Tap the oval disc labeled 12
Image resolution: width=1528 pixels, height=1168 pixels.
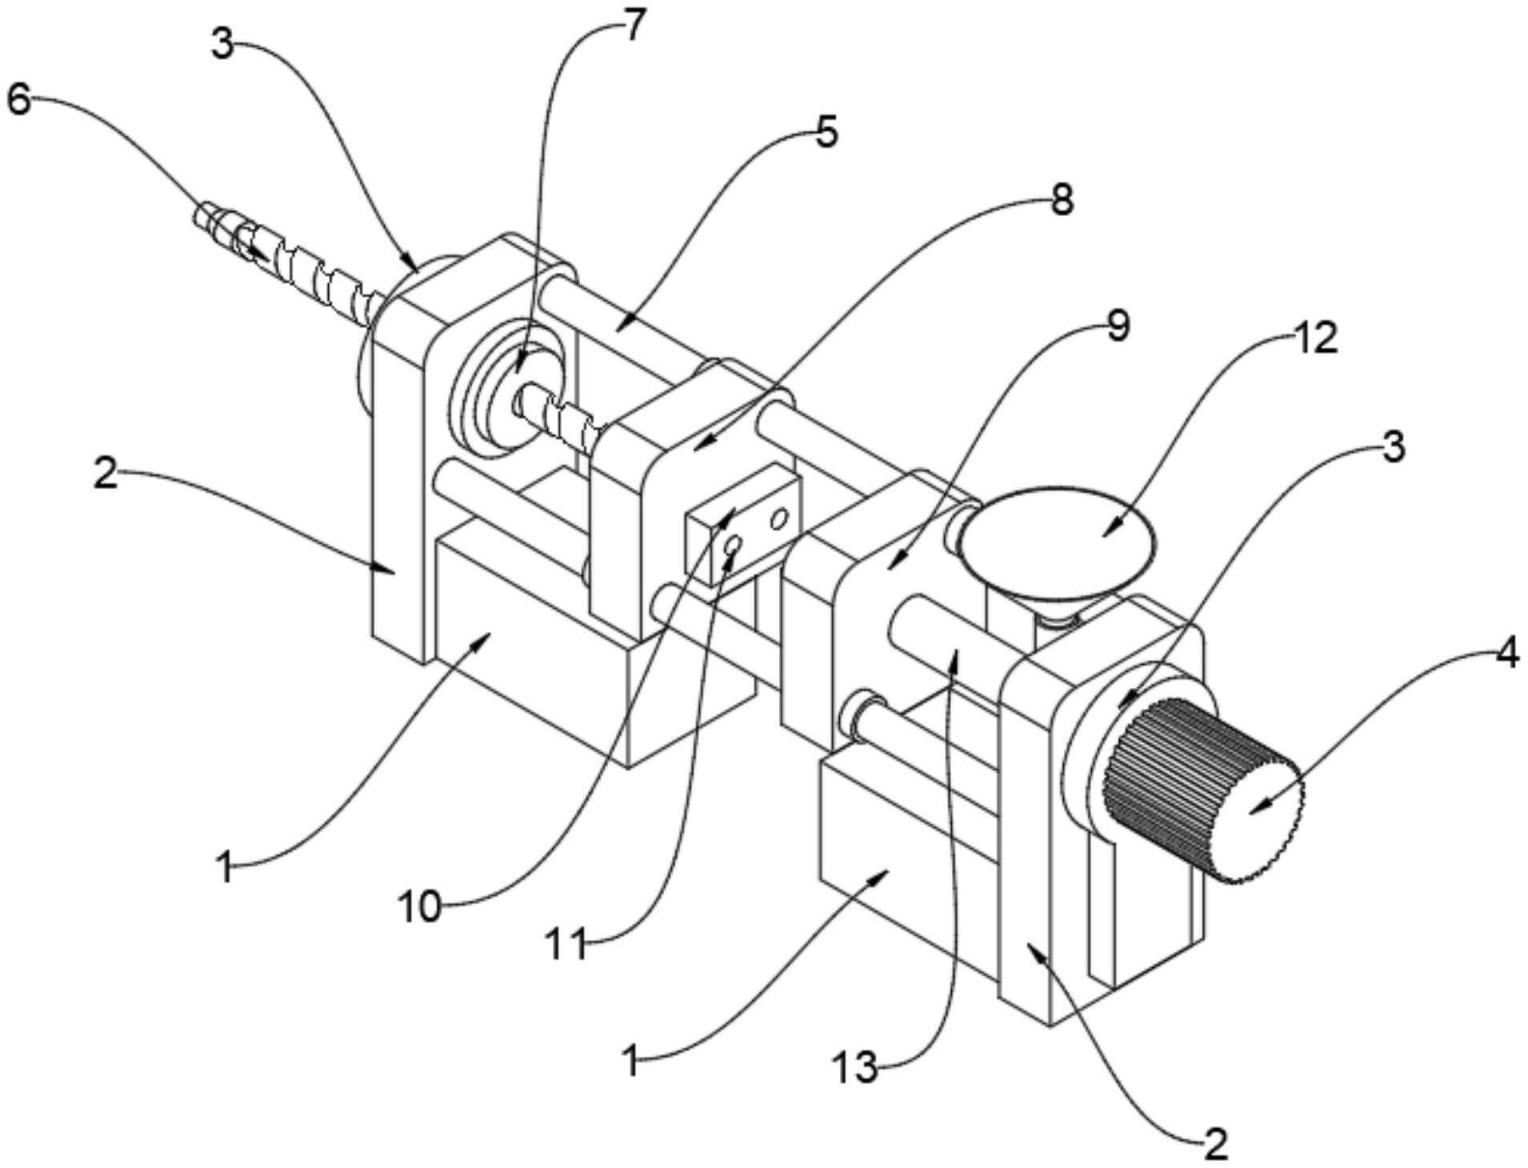(1058, 534)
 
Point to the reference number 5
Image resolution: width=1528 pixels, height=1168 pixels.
(826, 131)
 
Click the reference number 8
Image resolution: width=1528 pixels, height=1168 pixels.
(1061, 201)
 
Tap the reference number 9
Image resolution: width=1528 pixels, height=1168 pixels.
(1117, 326)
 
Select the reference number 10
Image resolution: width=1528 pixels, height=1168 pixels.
(419, 907)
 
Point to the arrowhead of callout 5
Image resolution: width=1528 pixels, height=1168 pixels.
(617, 328)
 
